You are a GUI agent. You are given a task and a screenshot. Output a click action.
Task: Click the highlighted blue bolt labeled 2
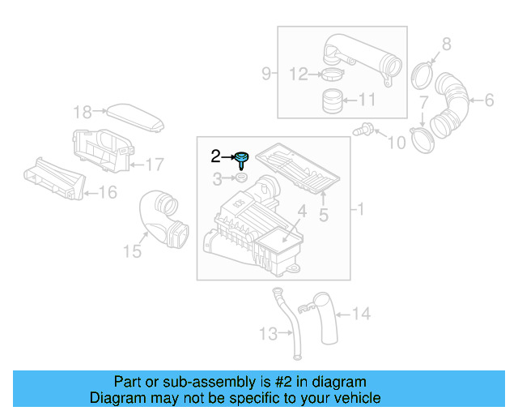coord(241,159)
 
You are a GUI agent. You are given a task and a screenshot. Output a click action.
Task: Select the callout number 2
coord(215,156)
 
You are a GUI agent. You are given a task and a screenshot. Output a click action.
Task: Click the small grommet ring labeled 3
coord(242,178)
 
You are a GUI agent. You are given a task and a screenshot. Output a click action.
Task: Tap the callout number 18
coord(83,112)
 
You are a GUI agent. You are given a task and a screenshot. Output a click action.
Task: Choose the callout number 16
coord(107,192)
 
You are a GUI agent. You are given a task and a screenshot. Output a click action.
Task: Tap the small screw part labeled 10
coord(365,128)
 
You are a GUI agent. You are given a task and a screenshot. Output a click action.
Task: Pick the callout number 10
coord(396,143)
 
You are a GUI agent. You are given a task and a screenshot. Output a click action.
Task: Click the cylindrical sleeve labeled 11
coord(330,101)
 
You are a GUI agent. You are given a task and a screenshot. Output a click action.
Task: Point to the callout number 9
coord(266,75)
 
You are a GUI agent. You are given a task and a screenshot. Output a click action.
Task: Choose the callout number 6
coord(488,101)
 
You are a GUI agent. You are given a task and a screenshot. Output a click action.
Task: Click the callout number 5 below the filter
coord(323,215)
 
